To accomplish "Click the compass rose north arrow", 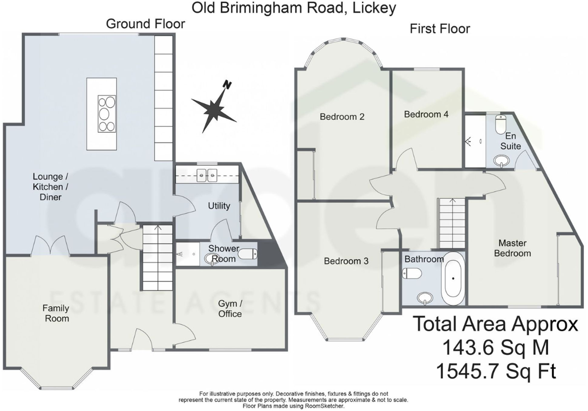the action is click(x=214, y=107).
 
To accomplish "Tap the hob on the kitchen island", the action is click(x=107, y=114).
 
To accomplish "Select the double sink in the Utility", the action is click(x=207, y=175).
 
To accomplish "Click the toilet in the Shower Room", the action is click(x=248, y=254).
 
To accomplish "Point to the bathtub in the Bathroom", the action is click(x=453, y=279).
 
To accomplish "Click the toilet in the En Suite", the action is click(x=501, y=124).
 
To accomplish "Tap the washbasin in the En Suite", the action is click(x=502, y=160).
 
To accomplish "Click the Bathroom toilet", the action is click(x=412, y=274).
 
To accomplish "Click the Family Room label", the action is click(x=56, y=313).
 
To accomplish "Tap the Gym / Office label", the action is click(x=230, y=309).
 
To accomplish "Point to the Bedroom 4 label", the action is click(x=426, y=114).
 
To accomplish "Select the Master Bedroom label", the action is click(x=512, y=248).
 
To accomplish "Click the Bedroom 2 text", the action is click(x=342, y=117).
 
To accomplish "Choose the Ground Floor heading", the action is click(x=145, y=24).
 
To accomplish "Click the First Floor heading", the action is click(x=440, y=29).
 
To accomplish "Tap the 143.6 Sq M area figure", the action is click(x=495, y=348).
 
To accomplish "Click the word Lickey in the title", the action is click(x=374, y=8).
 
